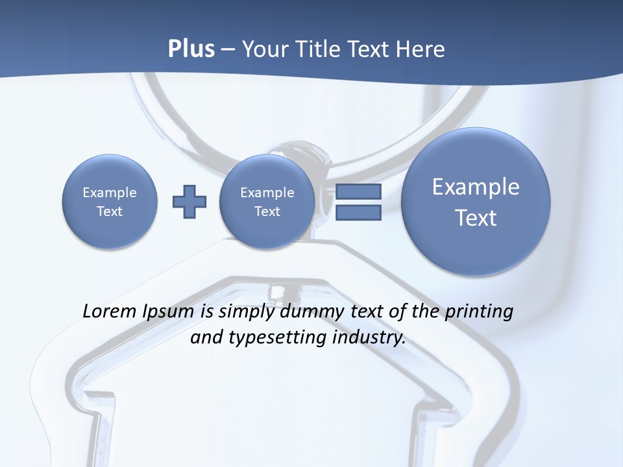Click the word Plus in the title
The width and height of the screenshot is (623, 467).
191,49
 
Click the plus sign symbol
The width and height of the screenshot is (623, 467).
189,202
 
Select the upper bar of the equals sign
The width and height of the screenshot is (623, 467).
358,191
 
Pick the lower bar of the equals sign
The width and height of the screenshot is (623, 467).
358,213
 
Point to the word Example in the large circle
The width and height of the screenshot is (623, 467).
476,187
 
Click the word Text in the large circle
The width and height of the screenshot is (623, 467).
476,218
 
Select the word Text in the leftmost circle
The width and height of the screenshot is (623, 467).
110,211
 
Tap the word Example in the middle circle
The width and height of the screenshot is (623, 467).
267,193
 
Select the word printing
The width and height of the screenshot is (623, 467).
478,312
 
